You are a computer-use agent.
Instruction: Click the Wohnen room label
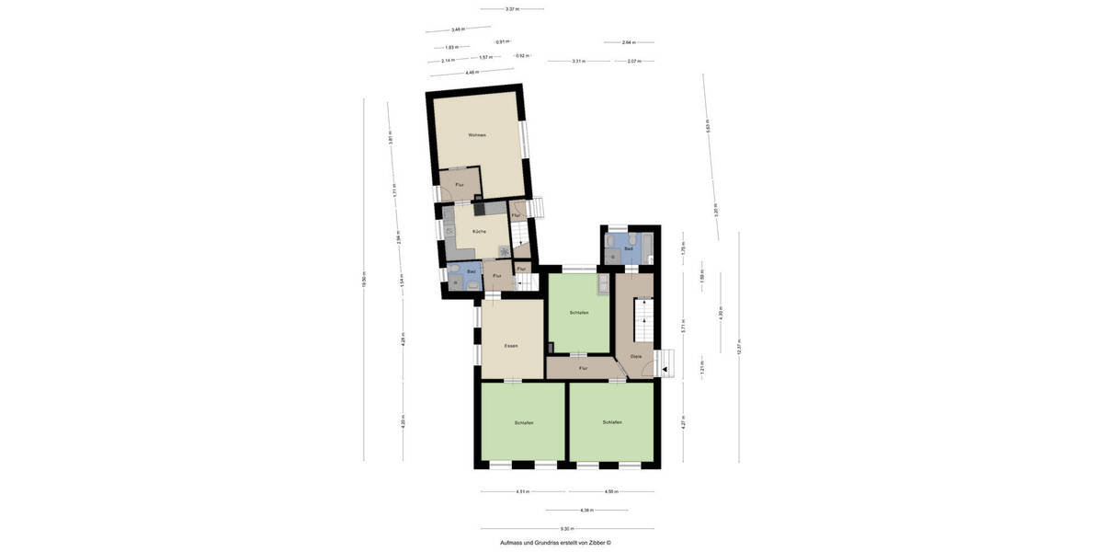point(476,135)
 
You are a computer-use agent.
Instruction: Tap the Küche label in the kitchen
point(479,231)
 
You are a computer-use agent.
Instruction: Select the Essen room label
point(511,346)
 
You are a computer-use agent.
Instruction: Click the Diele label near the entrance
point(635,356)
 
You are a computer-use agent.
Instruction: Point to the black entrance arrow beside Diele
point(665,369)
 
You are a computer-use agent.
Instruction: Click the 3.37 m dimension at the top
point(512,9)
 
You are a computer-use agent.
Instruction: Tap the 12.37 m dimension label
point(738,348)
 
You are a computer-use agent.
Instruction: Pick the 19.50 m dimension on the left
point(364,279)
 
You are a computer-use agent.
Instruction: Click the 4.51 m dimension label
point(521,491)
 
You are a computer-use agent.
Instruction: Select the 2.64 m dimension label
point(628,42)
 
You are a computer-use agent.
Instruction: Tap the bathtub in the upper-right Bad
point(647,248)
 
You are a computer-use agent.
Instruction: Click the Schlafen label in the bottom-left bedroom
point(524,422)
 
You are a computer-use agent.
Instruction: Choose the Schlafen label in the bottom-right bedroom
point(612,422)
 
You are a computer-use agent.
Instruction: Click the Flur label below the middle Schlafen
point(583,368)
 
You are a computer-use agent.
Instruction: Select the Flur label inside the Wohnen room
point(459,185)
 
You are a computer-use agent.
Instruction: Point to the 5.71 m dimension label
point(682,327)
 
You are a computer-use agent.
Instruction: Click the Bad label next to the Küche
point(471,271)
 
